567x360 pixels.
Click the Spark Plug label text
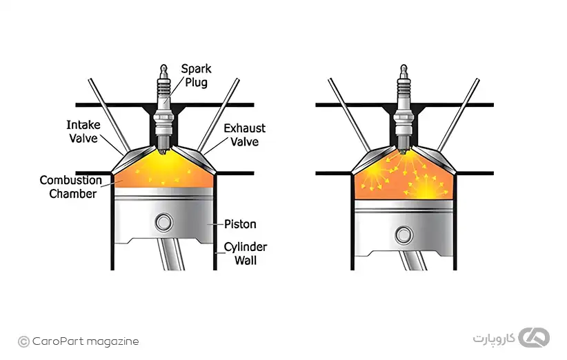coord(197,76)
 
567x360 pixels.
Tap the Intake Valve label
coord(83,132)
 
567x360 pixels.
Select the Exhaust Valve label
coord(244,134)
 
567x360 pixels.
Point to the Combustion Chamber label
coord(70,187)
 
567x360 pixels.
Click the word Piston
coord(240,224)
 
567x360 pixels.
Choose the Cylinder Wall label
coord(245,254)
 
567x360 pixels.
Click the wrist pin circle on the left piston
coord(163,222)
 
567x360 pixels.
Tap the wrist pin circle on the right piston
coord(404,235)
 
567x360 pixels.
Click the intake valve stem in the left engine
coord(109,114)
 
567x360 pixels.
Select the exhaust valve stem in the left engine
coord(219,114)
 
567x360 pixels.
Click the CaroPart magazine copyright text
coord(79,341)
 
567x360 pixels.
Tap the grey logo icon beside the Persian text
coord(534,338)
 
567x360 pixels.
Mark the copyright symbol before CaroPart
coord(23,341)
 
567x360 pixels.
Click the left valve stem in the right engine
coord(349,114)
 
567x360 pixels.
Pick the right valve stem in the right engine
coord(459,114)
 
